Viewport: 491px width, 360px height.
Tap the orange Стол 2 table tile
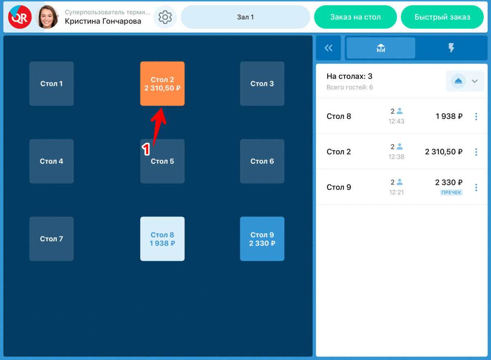pos(162,83)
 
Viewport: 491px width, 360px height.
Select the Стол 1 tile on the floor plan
pos(52,83)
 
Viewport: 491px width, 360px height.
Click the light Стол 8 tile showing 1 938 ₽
pos(162,239)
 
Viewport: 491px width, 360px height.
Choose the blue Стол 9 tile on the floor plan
pos(262,239)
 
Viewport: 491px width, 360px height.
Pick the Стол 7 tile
pos(52,239)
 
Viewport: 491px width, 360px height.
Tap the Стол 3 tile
pos(262,83)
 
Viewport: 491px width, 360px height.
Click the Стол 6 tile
pos(262,161)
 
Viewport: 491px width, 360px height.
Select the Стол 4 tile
pos(52,161)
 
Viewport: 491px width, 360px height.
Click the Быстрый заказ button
pos(442,17)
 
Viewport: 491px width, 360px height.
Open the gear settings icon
pos(165,17)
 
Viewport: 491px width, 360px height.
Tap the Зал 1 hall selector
pos(245,17)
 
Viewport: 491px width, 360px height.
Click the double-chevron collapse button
pos(328,48)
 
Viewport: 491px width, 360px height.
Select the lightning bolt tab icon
pos(451,48)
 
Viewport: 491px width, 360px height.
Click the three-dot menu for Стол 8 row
pos(476,116)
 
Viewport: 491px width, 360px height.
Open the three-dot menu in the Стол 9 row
pos(476,187)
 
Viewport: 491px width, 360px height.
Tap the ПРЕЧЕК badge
pos(451,192)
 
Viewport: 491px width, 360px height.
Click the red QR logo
pos(20,17)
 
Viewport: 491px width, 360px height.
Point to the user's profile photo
pos(47,17)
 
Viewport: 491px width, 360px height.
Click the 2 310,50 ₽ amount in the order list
pos(444,152)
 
